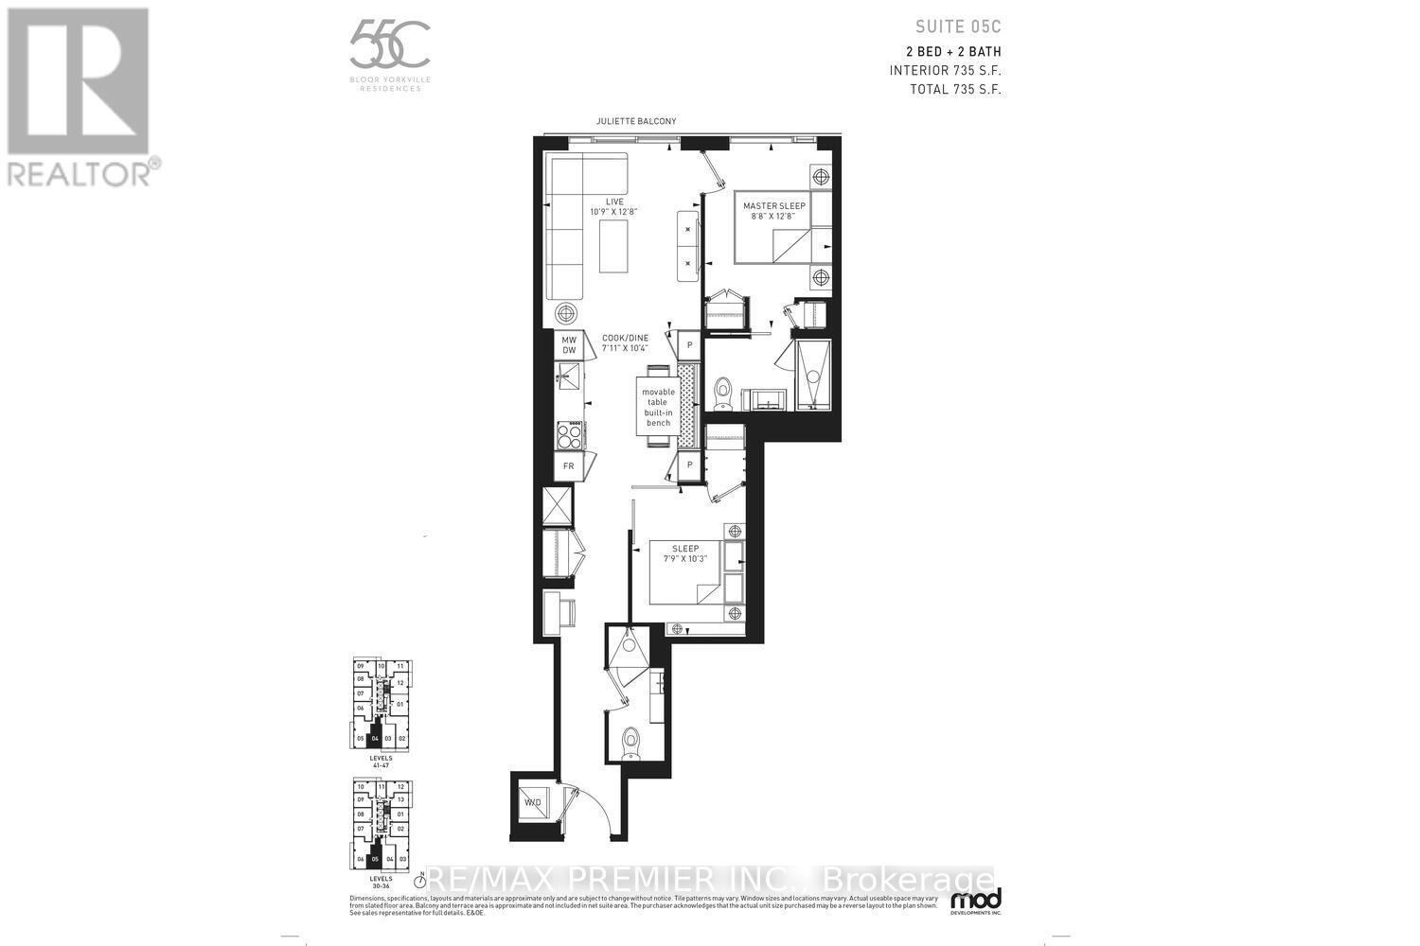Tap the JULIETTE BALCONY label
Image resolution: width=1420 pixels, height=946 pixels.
[635, 121]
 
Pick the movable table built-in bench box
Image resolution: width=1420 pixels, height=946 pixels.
[658, 407]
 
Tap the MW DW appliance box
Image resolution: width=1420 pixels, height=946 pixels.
[569, 345]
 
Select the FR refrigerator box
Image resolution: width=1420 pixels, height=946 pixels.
[568, 466]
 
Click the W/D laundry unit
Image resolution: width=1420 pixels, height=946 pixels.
[533, 803]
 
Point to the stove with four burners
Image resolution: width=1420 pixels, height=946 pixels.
[569, 435]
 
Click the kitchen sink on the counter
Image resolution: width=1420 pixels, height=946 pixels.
[569, 380]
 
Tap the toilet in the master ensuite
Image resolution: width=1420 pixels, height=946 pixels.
[724, 391]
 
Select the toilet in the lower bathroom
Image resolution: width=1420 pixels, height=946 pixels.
[630, 740]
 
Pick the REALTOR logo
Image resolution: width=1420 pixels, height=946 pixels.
[80, 95]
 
